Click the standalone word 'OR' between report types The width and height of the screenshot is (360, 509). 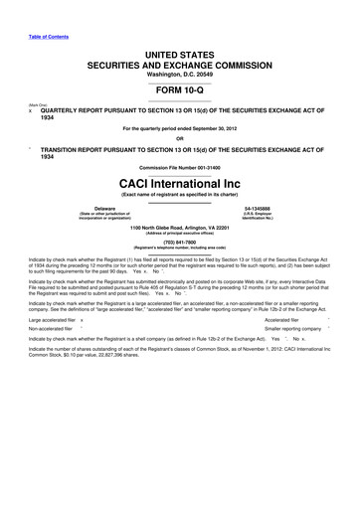[180, 135]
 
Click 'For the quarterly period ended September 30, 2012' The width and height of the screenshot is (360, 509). [180, 126]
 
